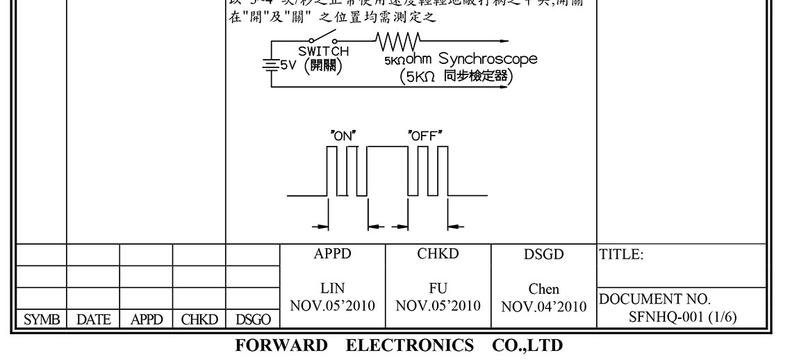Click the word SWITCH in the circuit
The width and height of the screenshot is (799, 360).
click(x=324, y=51)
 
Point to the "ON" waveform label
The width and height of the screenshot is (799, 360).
click(x=343, y=136)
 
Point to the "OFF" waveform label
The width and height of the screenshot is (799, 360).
click(x=425, y=136)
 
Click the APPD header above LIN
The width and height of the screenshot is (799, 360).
click(x=333, y=254)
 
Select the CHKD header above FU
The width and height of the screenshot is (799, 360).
click(x=438, y=254)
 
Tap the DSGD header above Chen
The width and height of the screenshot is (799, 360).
click(x=544, y=255)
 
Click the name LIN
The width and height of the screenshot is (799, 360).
click(x=333, y=288)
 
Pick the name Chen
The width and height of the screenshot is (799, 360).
click(x=544, y=289)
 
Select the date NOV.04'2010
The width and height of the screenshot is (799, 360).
click(x=544, y=306)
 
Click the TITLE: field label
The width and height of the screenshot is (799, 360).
click(x=621, y=255)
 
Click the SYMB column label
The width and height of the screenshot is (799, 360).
click(x=40, y=319)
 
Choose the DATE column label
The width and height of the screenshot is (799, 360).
click(x=93, y=319)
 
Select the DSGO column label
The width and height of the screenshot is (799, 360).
click(x=253, y=319)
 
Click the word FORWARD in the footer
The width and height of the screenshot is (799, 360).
click(x=281, y=345)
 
